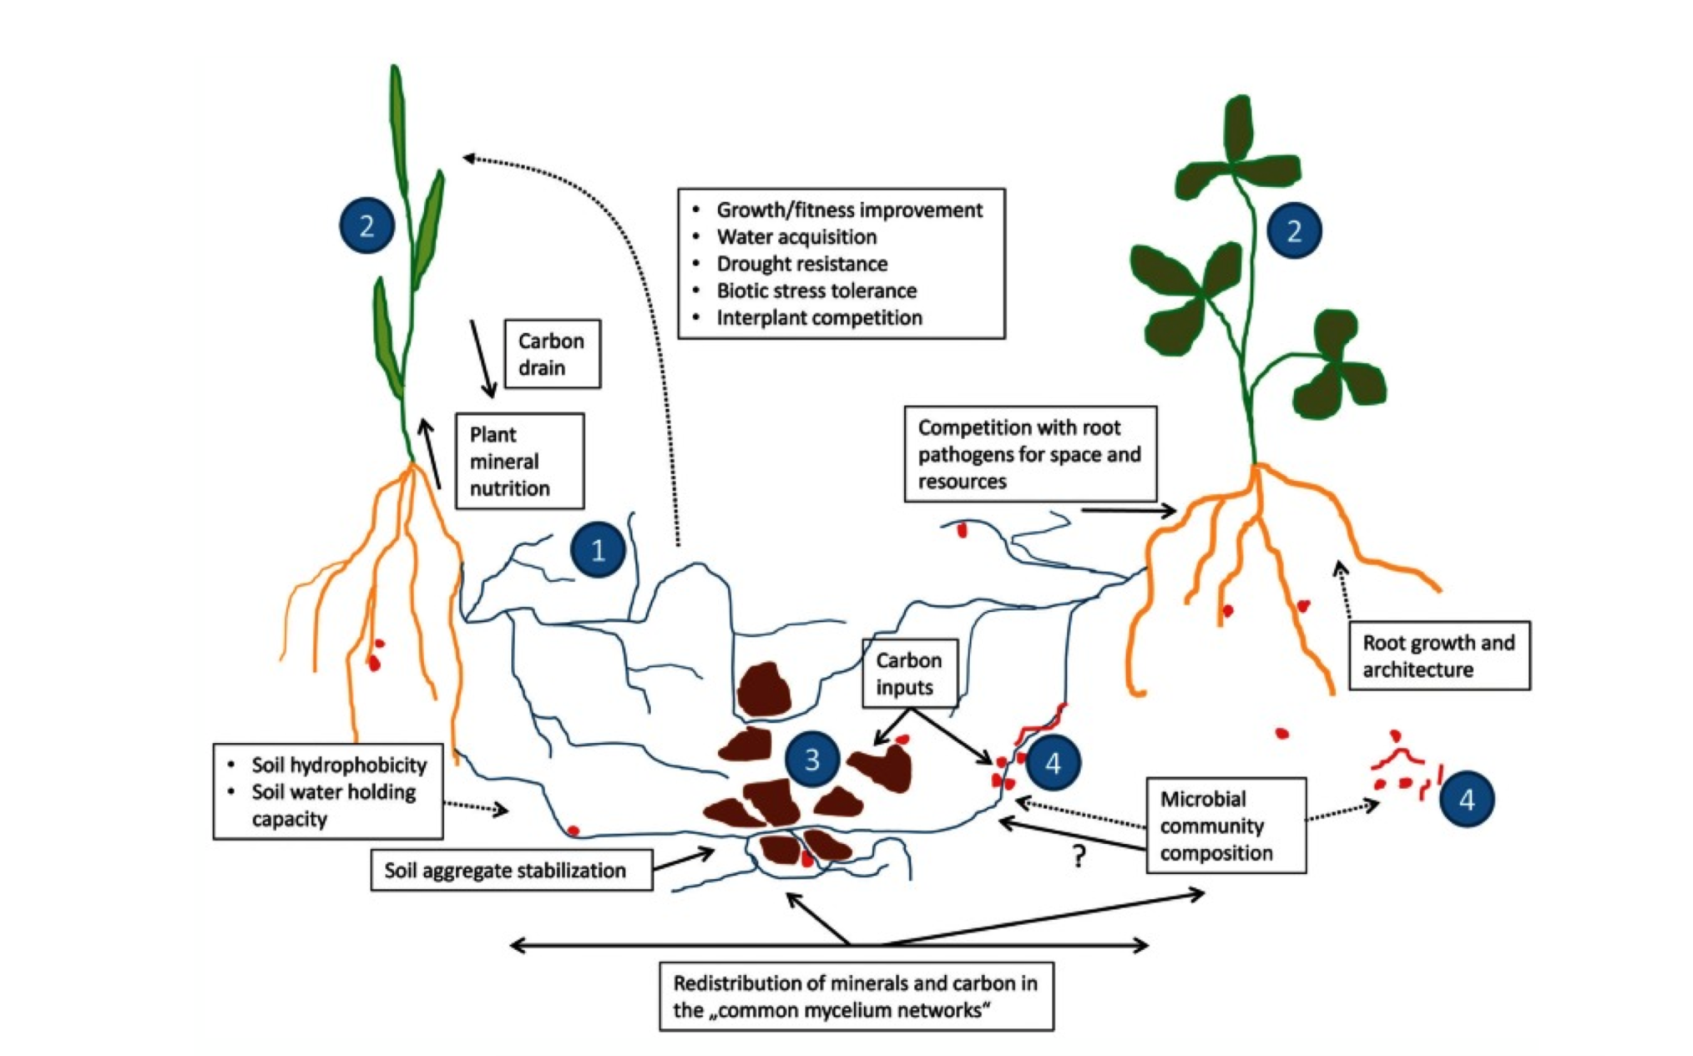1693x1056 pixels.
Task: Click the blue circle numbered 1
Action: point(598,550)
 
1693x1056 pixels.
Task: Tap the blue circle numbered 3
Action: point(811,760)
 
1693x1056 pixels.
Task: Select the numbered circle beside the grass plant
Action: point(366,225)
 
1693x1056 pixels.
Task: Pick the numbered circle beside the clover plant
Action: point(1294,230)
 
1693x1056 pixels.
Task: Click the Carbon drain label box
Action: point(552,354)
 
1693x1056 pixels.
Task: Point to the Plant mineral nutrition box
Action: point(519,461)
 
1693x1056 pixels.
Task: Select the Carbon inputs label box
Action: point(909,673)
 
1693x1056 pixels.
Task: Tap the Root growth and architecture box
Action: point(1439,655)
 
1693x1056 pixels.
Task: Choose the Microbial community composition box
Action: point(1226,826)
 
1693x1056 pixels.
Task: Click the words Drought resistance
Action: point(801,264)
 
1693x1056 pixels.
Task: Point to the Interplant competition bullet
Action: point(819,318)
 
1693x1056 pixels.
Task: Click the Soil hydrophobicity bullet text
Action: point(339,765)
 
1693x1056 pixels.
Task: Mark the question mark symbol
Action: point(1079,856)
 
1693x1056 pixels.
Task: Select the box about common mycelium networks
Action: point(856,997)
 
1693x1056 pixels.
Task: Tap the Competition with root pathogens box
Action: point(1030,454)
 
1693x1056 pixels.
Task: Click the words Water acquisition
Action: point(796,237)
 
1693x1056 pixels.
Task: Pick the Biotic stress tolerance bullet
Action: point(816,291)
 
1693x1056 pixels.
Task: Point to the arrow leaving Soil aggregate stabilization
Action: point(684,860)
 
